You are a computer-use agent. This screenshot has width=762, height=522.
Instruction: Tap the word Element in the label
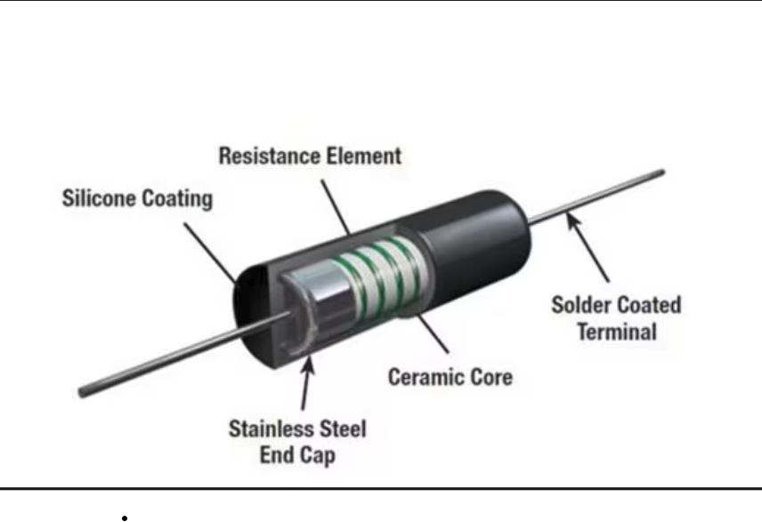tap(363, 157)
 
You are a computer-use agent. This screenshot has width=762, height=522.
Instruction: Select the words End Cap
tap(297, 455)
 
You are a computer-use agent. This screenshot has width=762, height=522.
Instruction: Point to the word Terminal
tap(617, 332)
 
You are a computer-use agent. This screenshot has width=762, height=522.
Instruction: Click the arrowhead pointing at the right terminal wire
tap(573, 221)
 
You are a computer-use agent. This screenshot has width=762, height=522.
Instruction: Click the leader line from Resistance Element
tap(335, 208)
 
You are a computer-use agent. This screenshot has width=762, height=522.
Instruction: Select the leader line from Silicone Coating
tap(210, 253)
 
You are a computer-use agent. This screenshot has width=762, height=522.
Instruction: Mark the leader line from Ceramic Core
tap(433, 333)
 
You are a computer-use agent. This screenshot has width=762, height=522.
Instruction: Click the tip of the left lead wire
tap(81, 393)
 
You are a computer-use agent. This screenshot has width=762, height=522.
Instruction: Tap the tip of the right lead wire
tap(662, 172)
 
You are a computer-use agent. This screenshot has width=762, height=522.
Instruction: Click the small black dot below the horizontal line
tap(125, 518)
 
